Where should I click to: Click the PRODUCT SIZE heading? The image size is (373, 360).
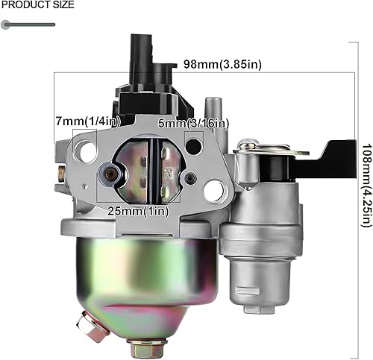pos(37,5)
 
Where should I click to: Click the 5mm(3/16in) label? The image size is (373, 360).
pos(192,123)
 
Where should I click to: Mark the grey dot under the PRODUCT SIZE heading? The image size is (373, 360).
pos(6,25)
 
